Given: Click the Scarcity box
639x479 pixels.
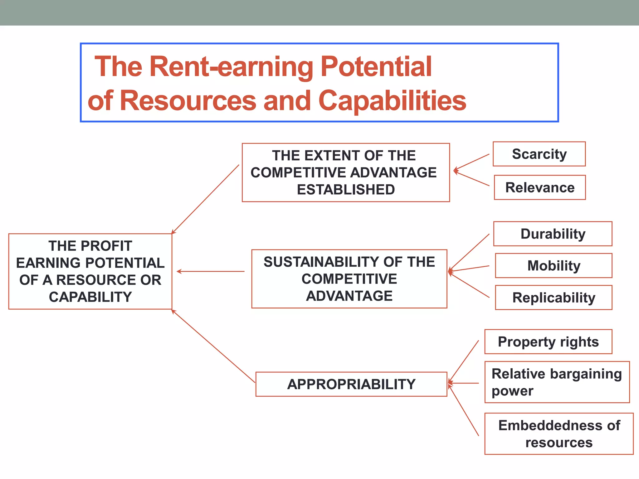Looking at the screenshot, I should tap(539, 154).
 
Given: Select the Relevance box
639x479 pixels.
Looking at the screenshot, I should tap(539, 187).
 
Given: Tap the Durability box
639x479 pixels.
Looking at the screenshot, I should tap(553, 234).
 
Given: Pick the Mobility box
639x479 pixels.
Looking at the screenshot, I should tap(554, 266).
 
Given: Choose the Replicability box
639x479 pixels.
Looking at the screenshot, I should tap(554, 298).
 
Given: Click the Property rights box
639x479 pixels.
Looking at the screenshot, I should tap(548, 342).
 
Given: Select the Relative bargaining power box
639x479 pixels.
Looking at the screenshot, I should tap(557, 382).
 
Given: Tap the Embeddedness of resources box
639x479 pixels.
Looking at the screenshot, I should tap(559, 434).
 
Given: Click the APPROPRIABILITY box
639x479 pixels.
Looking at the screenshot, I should tap(351, 384).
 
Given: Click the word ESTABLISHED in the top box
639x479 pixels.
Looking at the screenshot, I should tap(346, 190).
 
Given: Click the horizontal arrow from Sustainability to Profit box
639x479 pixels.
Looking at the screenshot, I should tap(211, 272).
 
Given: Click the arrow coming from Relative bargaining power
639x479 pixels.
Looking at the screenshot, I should tap(464, 383).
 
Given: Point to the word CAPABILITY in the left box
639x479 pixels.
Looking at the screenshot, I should tap(90, 297).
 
